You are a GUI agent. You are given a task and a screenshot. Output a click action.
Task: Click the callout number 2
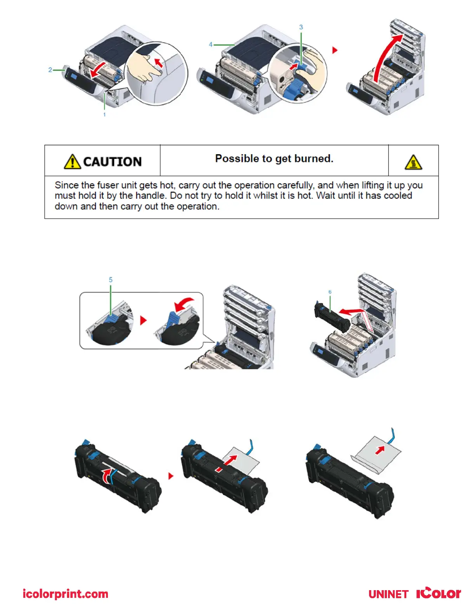tap(50, 70)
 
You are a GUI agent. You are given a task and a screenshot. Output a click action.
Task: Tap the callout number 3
tap(301, 27)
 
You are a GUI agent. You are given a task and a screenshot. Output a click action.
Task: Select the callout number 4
tap(211, 45)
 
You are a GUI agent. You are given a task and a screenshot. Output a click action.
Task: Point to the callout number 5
tap(111, 280)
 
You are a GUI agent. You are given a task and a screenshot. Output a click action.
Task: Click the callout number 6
tap(330, 292)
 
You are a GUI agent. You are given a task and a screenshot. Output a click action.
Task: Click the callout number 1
tap(104, 115)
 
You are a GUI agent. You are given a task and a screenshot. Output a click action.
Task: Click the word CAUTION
tap(113, 162)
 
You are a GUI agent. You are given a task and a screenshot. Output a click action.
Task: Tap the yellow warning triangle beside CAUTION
tap(72, 162)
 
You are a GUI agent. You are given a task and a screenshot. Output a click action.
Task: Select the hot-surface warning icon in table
tap(413, 162)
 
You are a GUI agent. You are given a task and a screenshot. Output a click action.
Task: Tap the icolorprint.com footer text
tap(65, 594)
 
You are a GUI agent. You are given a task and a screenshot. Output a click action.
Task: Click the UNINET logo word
tap(388, 594)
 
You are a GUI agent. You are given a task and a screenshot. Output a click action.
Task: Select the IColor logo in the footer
tap(439, 593)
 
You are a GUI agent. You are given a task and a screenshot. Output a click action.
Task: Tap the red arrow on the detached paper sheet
tap(380, 450)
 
